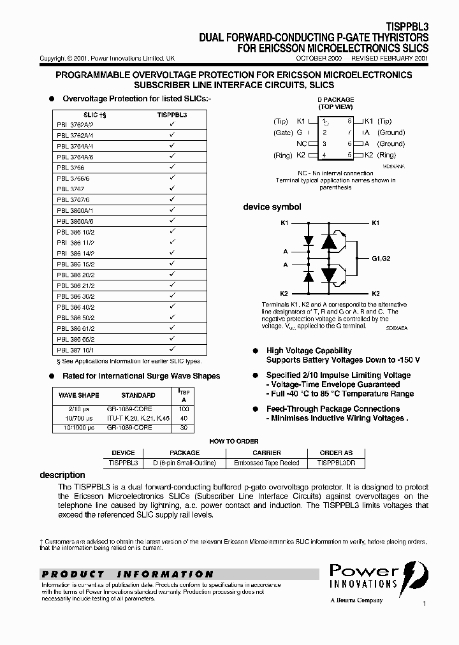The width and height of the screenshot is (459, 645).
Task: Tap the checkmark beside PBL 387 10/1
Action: pyautogui.click(x=171, y=349)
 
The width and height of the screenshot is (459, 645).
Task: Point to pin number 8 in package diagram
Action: pyautogui.click(x=349, y=121)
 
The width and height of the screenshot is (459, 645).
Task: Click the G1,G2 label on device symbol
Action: pyautogui.click(x=384, y=258)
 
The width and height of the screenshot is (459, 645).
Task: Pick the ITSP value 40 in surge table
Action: pyautogui.click(x=184, y=418)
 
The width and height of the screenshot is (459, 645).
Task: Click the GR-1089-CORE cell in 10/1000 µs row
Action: pyautogui.click(x=129, y=428)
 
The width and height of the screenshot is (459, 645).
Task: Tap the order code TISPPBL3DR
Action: pyautogui.click(x=336, y=463)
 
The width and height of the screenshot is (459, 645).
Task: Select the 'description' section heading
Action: pyautogui.click(x=62, y=475)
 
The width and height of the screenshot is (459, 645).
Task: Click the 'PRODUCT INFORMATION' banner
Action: pyautogui.click(x=127, y=574)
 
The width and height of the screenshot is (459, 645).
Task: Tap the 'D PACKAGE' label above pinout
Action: pyautogui.click(x=335, y=100)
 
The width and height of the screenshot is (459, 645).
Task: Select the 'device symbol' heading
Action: pyautogui.click(x=272, y=207)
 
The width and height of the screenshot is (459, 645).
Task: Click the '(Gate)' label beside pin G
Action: pyautogui.click(x=283, y=133)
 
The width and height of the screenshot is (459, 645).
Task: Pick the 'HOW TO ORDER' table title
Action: pyautogui.click(x=234, y=441)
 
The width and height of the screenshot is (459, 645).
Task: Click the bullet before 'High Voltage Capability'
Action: pyautogui.click(x=255, y=351)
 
